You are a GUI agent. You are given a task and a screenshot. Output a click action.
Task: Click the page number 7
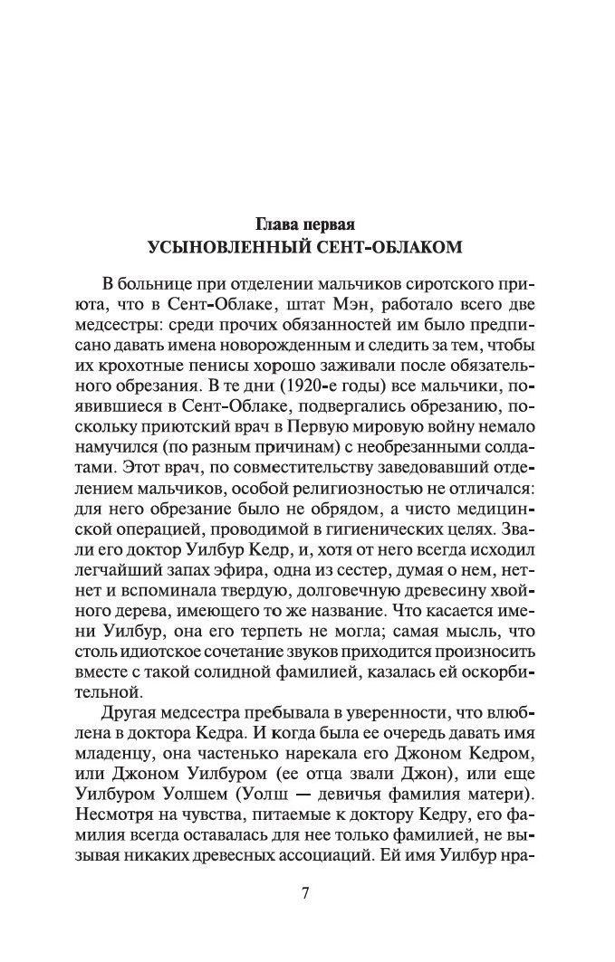tap(306, 894)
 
